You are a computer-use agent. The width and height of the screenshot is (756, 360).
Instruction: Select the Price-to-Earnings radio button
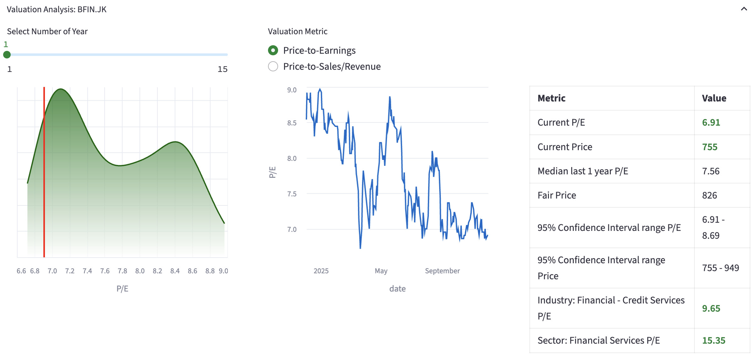(x=273, y=50)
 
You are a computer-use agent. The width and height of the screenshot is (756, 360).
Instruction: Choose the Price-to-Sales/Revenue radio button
(x=273, y=66)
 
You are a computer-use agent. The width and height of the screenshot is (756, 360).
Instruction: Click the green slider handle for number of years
(x=7, y=55)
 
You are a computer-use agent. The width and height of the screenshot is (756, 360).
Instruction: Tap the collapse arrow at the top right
(x=744, y=9)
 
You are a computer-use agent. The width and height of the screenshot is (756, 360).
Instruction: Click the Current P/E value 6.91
(x=711, y=122)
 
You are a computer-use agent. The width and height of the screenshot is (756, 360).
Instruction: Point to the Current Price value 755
(x=709, y=147)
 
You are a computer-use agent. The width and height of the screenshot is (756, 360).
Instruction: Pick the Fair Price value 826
(x=709, y=195)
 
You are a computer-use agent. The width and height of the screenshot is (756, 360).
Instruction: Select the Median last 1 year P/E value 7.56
(x=710, y=171)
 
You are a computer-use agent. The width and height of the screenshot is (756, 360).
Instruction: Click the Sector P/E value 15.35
(x=714, y=340)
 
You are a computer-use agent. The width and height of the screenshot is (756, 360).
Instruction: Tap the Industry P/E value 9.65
(x=711, y=308)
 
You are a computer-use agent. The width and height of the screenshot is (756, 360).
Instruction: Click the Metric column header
(x=551, y=98)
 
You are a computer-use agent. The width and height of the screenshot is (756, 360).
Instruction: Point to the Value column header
(x=714, y=98)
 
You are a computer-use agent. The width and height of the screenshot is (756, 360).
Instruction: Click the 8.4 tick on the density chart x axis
(x=175, y=271)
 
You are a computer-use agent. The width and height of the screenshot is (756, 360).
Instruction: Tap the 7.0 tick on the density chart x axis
(x=52, y=271)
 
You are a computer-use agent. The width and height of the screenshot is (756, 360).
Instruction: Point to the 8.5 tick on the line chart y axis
(x=292, y=123)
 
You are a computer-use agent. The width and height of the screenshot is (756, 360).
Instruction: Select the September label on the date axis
(x=442, y=271)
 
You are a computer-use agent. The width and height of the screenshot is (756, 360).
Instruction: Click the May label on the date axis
(x=381, y=271)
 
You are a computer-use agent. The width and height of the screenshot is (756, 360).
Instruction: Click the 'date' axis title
(x=397, y=289)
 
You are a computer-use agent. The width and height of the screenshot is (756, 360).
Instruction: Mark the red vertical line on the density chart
(x=44, y=188)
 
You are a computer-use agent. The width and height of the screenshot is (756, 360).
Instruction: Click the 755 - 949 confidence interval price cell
(x=720, y=268)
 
